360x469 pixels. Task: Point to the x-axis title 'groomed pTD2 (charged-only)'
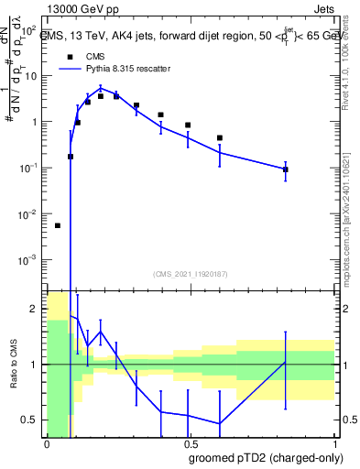coord(267,457)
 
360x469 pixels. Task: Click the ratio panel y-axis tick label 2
coord(35,310)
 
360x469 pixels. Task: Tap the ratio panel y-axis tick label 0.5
coord(31,420)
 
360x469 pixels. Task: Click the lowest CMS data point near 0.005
coord(58,225)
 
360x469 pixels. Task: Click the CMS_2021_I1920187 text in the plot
coord(190,273)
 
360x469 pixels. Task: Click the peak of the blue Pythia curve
coord(102,89)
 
